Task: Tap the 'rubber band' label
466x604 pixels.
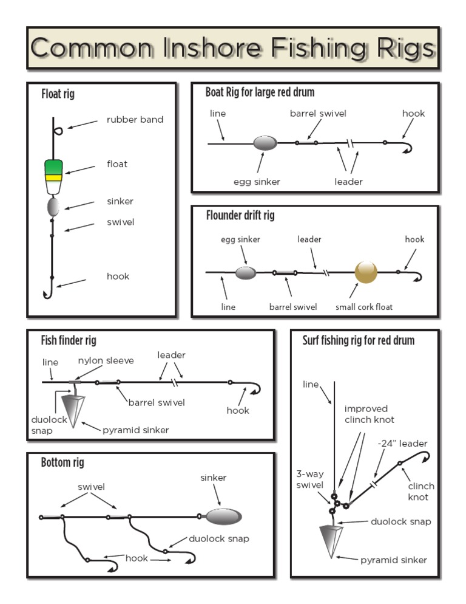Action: pyautogui.click(x=135, y=120)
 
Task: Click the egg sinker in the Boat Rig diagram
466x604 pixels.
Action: pyautogui.click(x=265, y=143)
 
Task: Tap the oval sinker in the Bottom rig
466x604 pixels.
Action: pyautogui.click(x=224, y=517)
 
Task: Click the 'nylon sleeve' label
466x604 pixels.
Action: pyautogui.click(x=106, y=361)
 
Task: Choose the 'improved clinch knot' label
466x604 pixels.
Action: pyautogui.click(x=369, y=414)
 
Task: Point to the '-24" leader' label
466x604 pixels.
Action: pyautogui.click(x=402, y=444)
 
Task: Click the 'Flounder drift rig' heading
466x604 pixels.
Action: pyautogui.click(x=240, y=216)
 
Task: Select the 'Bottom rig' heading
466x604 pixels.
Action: pyautogui.click(x=62, y=463)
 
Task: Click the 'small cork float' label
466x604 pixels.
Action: pyautogui.click(x=364, y=307)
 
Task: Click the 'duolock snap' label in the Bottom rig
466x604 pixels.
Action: pyautogui.click(x=218, y=538)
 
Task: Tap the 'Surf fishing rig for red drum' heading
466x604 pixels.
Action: pyautogui.click(x=359, y=340)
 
